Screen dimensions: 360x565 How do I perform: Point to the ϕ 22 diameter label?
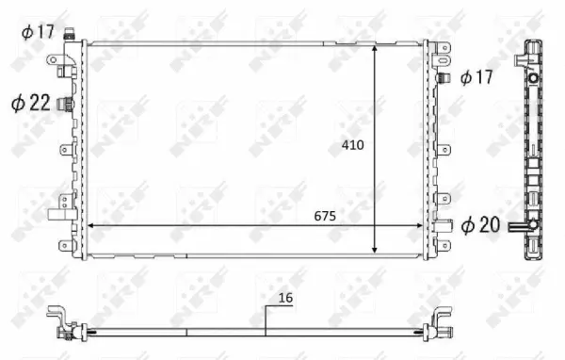pos(30,102)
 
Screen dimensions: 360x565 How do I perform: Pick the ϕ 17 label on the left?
pos(40,32)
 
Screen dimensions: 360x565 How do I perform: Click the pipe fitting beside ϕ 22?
pos(66,103)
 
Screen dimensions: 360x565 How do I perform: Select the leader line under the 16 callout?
pos(266,319)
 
